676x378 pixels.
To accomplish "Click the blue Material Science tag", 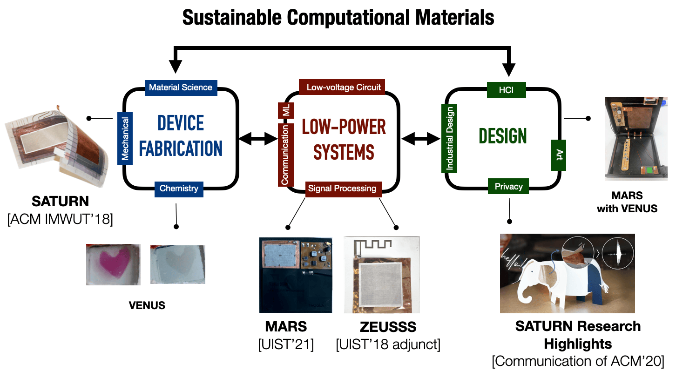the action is [181, 88].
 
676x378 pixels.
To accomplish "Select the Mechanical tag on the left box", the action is [125, 139].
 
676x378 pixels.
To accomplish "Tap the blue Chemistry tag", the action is [179, 189].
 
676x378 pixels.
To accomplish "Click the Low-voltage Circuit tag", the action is [342, 87].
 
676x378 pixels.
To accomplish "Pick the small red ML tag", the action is [286, 110].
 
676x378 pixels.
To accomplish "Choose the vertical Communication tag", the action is [285, 155].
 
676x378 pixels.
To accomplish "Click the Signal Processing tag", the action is [344, 189].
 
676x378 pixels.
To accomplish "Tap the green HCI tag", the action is [507, 90].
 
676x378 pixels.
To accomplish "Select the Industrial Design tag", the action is [449, 138].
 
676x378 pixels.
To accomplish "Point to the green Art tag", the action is [558, 155].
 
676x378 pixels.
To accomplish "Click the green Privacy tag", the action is [508, 186].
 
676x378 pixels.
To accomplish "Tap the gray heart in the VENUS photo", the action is [179, 263].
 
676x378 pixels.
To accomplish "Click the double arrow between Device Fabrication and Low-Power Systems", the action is [258, 138].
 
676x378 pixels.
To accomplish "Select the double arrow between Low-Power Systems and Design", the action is [421, 139].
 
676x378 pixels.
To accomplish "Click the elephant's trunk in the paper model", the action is [524, 296].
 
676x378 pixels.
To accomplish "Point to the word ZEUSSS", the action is [388, 327].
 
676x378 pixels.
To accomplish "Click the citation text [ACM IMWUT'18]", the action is [60, 219].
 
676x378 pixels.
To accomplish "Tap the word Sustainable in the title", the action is [232, 18].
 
